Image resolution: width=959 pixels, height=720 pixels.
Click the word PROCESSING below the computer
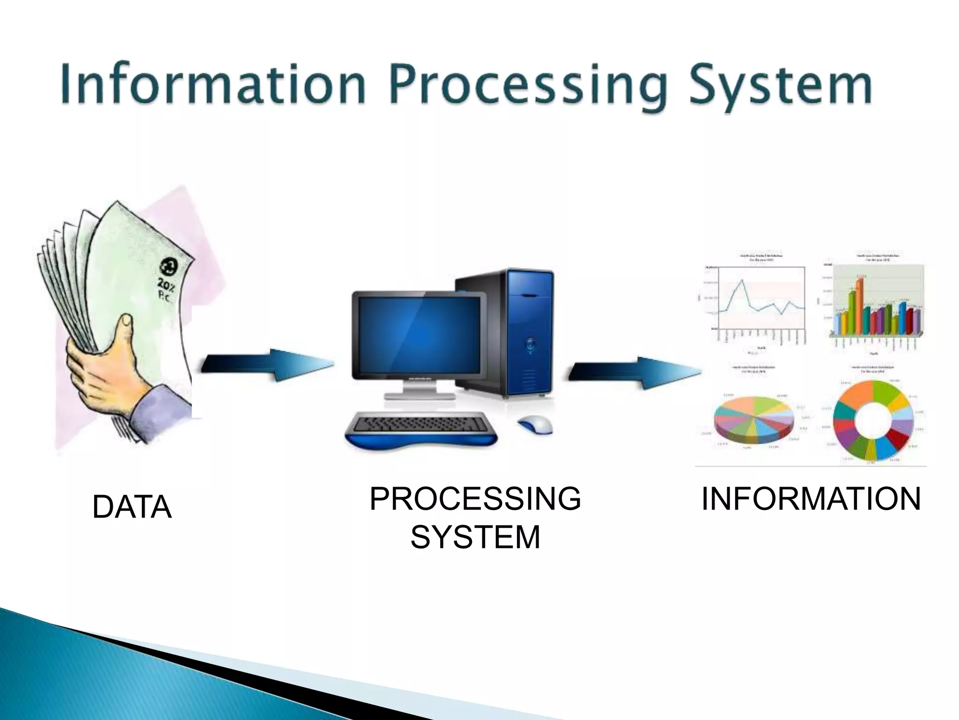click(475, 498)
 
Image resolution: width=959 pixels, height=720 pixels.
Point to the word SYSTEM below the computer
click(475, 537)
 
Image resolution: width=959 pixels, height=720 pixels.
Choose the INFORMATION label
click(811, 498)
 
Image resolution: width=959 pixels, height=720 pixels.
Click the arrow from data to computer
click(267, 365)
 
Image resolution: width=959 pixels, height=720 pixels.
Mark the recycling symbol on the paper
click(167, 267)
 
